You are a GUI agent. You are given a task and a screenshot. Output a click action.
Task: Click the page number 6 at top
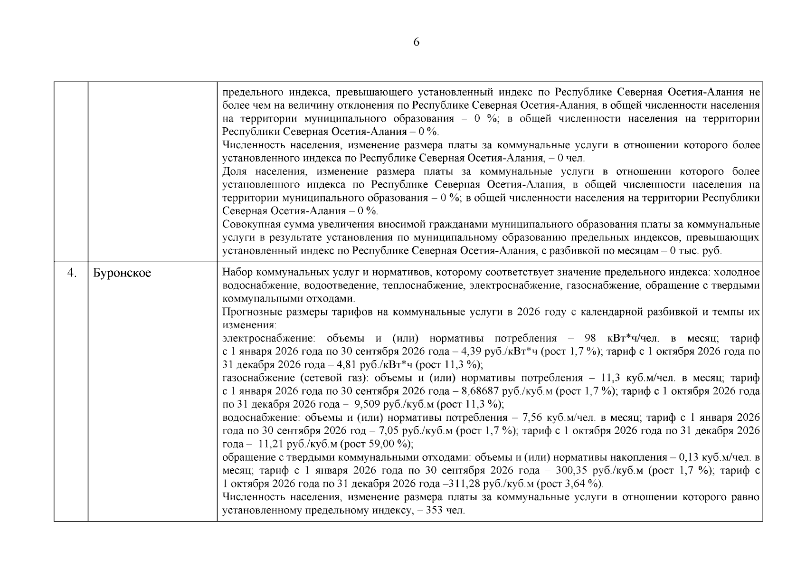point(416,42)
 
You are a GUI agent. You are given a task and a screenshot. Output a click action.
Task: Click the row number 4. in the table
point(72,273)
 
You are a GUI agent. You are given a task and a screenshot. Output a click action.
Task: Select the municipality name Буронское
point(122,274)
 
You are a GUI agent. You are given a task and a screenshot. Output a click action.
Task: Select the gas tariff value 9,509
point(368,405)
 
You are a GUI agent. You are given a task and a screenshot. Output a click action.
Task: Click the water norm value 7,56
point(533,418)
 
